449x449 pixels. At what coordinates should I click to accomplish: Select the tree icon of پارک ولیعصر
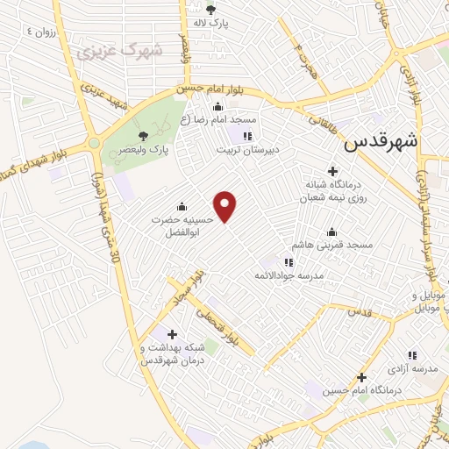pos(143,135)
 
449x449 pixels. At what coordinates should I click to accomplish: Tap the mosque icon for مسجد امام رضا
pos(218,107)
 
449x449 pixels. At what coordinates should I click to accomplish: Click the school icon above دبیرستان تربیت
pos(247,136)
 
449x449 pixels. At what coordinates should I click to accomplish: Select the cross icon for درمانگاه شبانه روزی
pos(332,171)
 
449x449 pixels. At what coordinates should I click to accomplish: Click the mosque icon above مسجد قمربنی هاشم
pos(331,232)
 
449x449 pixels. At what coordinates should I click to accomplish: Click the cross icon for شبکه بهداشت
pos(172,334)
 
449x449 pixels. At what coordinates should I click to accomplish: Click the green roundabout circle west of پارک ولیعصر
pos(93,143)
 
